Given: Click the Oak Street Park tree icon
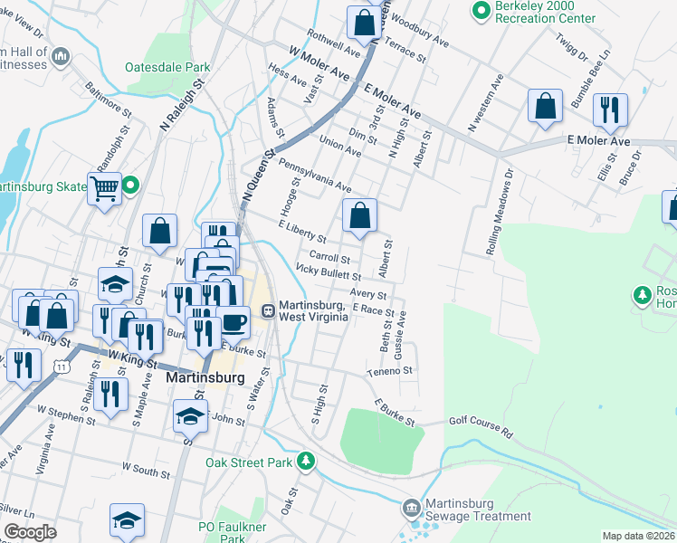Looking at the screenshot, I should pos(307,462).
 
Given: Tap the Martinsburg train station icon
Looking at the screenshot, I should pos(269,310).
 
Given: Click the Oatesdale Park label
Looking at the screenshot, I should pos(168,67).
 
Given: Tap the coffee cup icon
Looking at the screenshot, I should pos(234,321).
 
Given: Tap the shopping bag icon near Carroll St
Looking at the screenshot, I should pos(360,215).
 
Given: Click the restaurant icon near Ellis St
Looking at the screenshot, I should pos(609,110).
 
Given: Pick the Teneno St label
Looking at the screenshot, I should pos(389,371).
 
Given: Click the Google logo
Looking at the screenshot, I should pos(31,532).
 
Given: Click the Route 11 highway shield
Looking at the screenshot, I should pos(61,367).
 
